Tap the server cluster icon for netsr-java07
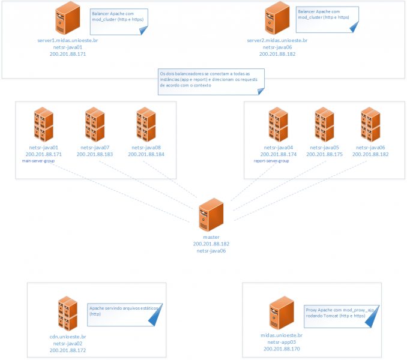pyautogui.click(x=94, y=124)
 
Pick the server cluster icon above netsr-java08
pyautogui.click(x=145, y=124)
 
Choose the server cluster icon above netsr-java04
pyautogui.click(x=278, y=124)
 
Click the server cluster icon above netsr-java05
pyautogui.click(x=324, y=124)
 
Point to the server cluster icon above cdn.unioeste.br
pyautogui.click(x=67, y=314)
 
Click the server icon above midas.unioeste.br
pyautogui.click(x=281, y=314)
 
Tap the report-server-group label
pyautogui.click(x=271, y=161)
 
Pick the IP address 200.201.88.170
pyautogui.click(x=281, y=349)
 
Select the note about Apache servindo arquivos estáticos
pyautogui.click(x=126, y=313)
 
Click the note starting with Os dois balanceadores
pyautogui.click(x=210, y=82)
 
